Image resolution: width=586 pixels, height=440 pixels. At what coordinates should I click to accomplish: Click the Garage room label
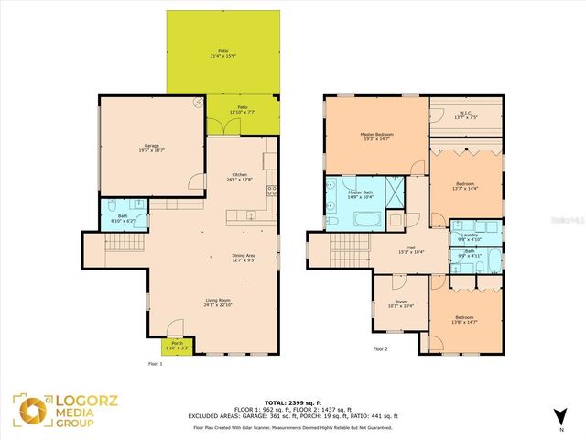coord(151,148)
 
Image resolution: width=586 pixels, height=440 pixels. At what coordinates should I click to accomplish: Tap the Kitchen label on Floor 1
coord(240,177)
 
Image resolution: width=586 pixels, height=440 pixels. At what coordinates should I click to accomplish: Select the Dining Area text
coord(243,258)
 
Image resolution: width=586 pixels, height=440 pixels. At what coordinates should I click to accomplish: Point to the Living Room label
coord(217,302)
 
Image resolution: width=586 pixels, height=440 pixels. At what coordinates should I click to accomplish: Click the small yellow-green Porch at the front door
coord(178,345)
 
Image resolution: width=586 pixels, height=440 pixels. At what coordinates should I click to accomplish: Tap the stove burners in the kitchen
coord(271,192)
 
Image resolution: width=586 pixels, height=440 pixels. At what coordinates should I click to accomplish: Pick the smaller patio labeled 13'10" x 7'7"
coord(243,110)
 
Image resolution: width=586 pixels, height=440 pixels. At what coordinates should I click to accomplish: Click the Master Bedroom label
coord(376,137)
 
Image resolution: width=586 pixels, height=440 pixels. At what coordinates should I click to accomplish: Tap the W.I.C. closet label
coord(465,115)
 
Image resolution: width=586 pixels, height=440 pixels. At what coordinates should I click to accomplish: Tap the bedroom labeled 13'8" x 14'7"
coord(465,320)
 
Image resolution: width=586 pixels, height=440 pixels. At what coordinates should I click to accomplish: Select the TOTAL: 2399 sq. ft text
coord(293,403)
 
